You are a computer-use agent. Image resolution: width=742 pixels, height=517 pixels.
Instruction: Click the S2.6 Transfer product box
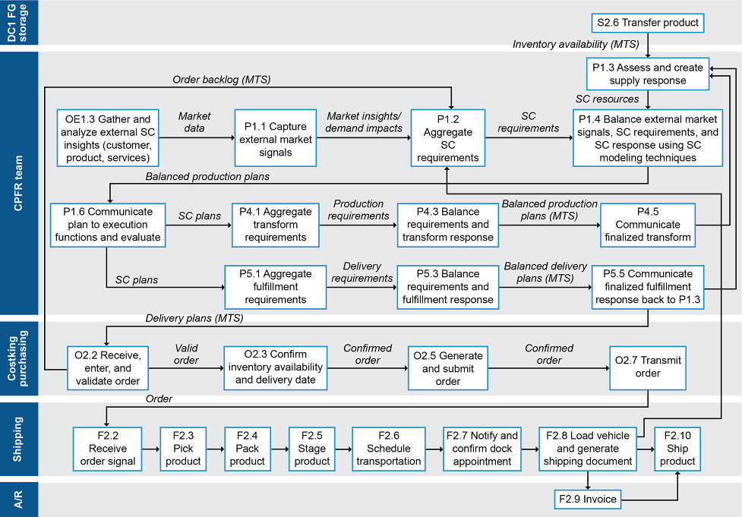tap(648, 23)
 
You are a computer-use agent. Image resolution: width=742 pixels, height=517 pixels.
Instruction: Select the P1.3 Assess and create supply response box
tap(648, 74)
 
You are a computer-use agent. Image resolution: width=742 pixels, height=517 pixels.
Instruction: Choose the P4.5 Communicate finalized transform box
tap(648, 225)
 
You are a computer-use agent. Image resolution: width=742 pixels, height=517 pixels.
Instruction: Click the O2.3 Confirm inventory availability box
tap(275, 367)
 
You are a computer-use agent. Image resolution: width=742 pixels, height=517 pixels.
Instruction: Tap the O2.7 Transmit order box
tap(648, 367)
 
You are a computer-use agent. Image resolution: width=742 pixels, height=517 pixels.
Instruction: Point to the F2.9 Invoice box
tap(587, 500)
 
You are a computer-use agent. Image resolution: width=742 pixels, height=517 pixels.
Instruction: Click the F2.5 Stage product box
tap(312, 449)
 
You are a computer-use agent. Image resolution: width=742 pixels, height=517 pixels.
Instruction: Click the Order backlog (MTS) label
tap(221, 80)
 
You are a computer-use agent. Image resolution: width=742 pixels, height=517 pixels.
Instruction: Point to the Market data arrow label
tap(194, 122)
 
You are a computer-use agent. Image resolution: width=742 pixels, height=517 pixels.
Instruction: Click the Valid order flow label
tap(186, 355)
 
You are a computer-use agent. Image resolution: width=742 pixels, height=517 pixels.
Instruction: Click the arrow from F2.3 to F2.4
tap(215, 449)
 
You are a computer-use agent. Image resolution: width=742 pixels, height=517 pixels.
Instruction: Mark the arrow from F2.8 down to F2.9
tap(588, 481)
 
